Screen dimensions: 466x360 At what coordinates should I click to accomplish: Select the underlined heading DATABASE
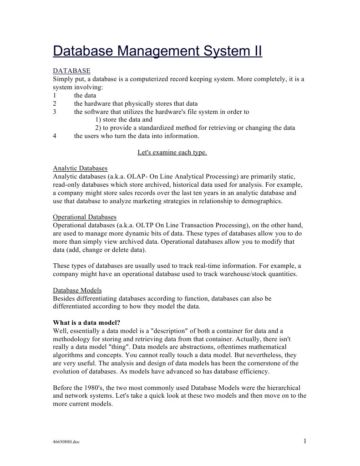pos(71,71)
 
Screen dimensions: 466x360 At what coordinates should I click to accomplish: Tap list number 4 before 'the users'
pos(54,136)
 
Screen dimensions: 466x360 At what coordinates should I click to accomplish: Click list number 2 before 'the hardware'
pos(54,103)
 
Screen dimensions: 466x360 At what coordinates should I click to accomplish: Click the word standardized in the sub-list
pos(180,128)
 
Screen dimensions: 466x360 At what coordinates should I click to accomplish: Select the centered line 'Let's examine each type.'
pos(172,152)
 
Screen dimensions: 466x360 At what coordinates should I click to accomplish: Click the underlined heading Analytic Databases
pos(80,168)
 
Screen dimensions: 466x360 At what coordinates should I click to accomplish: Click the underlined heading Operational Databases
pos(85,217)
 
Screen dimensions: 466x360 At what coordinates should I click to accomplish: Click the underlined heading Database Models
pos(77,290)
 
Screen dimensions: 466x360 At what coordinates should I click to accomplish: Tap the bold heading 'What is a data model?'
pos(86,323)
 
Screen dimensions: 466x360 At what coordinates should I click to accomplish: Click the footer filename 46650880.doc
pos(66,442)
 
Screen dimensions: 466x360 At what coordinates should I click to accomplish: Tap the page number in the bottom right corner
pos(305,440)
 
